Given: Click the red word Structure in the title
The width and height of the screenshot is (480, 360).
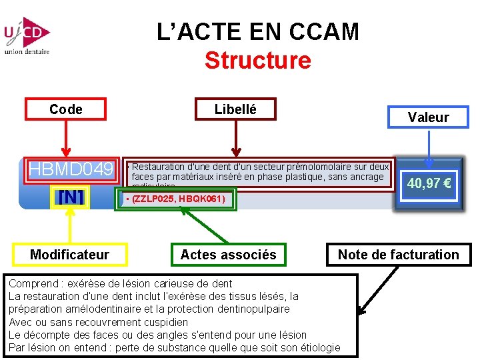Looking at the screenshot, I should coord(257,61).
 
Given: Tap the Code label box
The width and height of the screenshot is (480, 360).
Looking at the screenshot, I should coord(65,109).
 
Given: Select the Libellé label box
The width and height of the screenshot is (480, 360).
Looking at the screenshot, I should coord(235,109).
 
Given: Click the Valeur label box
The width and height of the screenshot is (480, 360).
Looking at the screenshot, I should coord(428,117).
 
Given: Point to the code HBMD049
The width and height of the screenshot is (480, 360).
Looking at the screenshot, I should coord(71,170).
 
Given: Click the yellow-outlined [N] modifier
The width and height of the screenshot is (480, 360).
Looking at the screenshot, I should coord(71,198).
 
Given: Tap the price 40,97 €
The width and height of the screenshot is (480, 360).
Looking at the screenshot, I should coord(429,183).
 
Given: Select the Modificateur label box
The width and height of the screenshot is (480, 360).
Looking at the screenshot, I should coord(69,254).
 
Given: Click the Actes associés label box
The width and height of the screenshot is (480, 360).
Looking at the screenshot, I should coord(228,254).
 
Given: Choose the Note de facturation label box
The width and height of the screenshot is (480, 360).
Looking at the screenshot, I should coord(398,254).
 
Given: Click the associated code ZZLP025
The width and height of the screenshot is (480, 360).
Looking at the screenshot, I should coord(154,199).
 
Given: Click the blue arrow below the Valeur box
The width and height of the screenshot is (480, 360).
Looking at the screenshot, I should coord(429,148).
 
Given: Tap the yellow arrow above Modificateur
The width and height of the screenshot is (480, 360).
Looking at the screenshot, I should coord(71,224).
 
